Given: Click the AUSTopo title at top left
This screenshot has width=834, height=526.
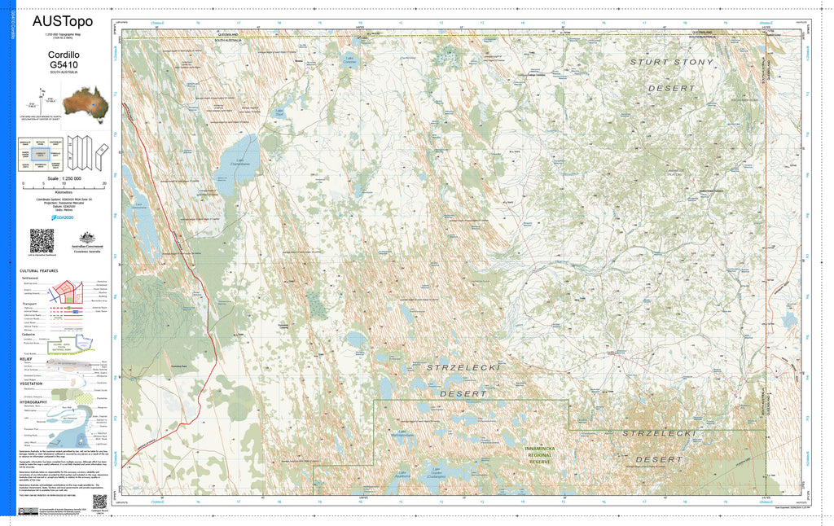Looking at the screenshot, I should [63, 21].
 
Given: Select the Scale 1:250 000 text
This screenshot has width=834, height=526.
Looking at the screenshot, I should [64, 178].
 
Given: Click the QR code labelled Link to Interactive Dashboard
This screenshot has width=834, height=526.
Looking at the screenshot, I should [42, 240].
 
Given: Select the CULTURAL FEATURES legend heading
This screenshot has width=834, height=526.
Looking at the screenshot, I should [38, 271].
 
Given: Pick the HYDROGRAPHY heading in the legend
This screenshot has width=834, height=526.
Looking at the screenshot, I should [34, 402].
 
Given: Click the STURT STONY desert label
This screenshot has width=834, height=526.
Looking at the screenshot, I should [677, 62].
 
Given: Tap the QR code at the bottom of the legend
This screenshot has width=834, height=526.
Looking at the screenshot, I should [99, 501].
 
